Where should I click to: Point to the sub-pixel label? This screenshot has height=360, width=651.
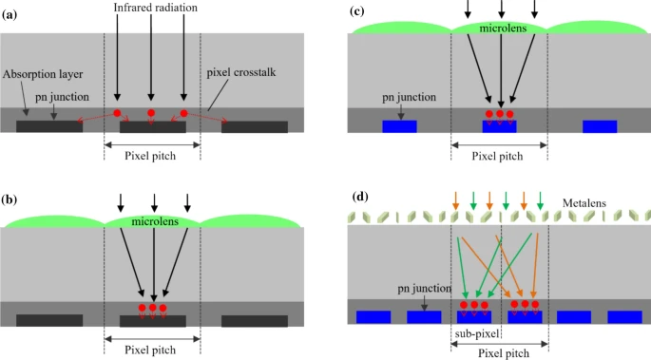pos(474,335)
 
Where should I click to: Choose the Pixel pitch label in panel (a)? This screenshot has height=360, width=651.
pos(152,156)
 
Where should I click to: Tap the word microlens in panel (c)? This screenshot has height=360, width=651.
pos(500,29)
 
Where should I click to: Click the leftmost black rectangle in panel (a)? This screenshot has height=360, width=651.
pos(48,126)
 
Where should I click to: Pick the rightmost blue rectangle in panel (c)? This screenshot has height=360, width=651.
pos(600,126)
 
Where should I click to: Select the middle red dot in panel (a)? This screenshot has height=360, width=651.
pos(150,113)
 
